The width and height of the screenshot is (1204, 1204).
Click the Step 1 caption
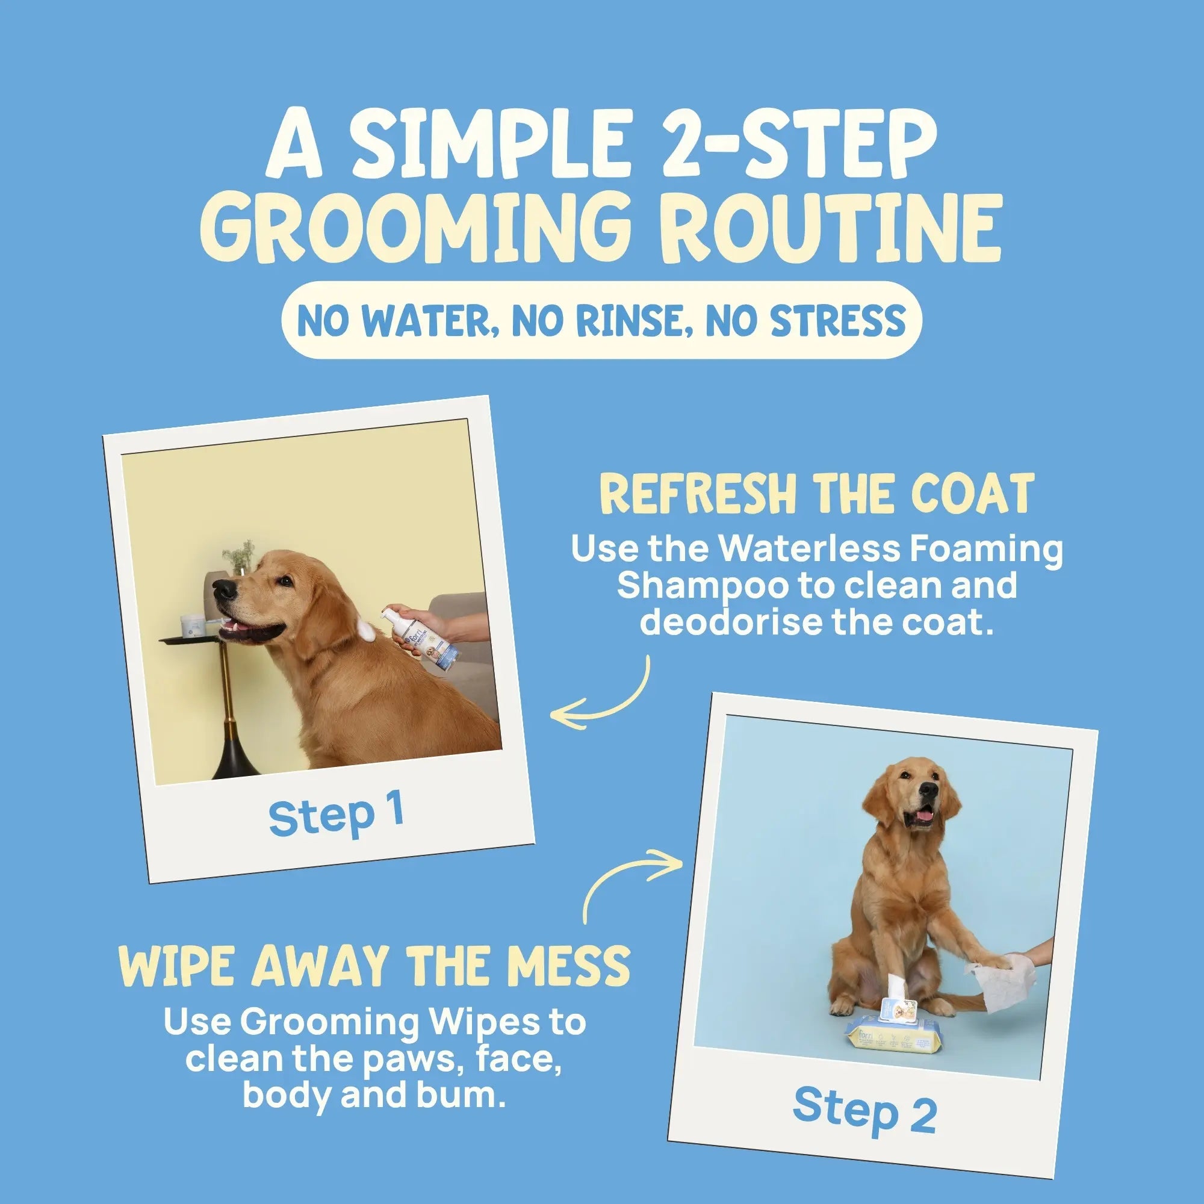tap(336, 816)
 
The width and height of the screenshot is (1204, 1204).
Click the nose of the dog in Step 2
tap(928, 792)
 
